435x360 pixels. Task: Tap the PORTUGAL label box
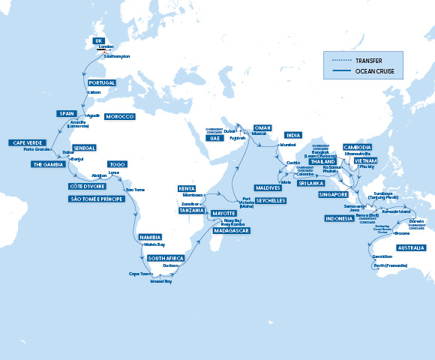102,82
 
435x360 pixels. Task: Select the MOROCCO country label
119,117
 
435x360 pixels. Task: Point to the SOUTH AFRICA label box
166,258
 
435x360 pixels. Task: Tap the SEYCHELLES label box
271,201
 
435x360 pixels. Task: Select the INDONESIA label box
340,218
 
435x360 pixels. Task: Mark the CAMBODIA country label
357,147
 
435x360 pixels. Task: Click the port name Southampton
116,56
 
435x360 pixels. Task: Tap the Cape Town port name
140,274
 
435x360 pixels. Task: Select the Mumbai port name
288,143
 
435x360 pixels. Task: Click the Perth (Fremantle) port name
390,265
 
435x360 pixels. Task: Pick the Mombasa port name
193,194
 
